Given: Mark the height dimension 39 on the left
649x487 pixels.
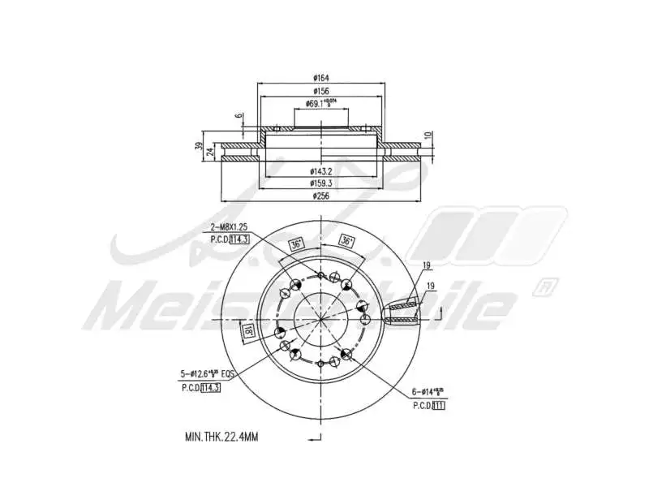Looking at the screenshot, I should pyautogui.click(x=199, y=146).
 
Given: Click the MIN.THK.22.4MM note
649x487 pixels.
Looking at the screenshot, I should pyautogui.click(x=221, y=437).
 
